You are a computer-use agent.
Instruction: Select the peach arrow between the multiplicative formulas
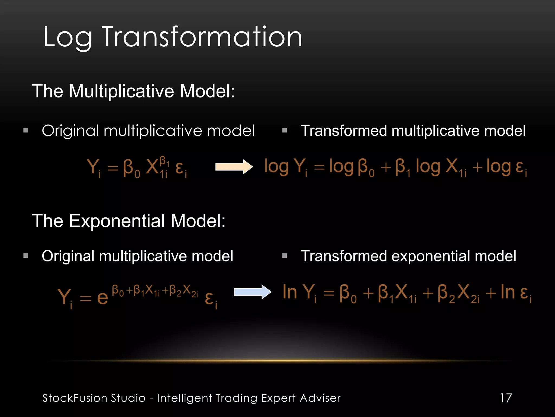click(x=234, y=167)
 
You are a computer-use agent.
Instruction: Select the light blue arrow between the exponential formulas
click(x=252, y=292)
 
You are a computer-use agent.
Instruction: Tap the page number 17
click(x=506, y=398)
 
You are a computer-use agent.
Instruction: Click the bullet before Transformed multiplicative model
click(x=284, y=130)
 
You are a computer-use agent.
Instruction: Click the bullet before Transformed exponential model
click(x=284, y=255)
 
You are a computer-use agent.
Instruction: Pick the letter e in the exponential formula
click(x=103, y=298)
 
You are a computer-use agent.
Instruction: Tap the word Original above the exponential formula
click(x=68, y=256)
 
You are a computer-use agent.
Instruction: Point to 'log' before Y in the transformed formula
click(x=276, y=167)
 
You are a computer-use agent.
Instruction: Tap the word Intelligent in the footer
click(x=184, y=398)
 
